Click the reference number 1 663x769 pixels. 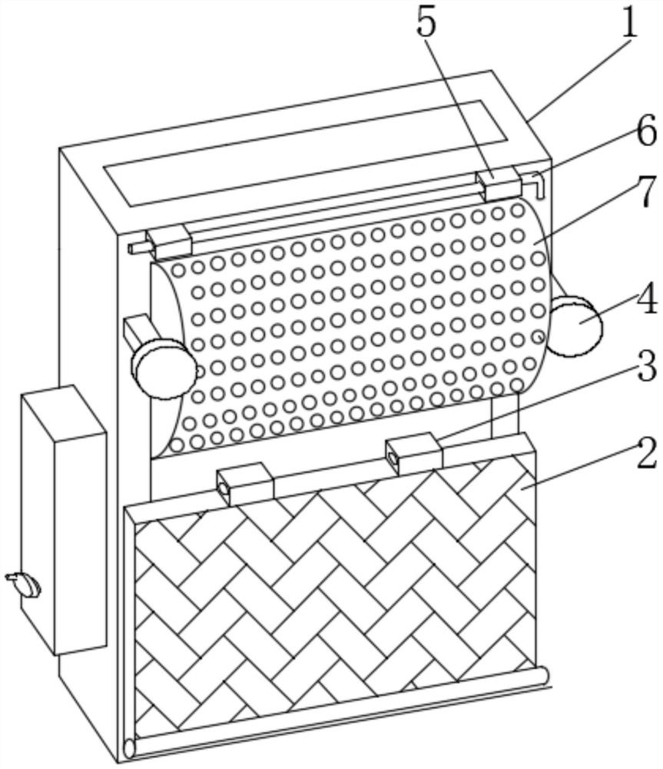point(630,23)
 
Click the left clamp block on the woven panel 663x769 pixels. point(245,483)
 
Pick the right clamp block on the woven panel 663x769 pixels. point(413,454)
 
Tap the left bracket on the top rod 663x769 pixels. point(169,241)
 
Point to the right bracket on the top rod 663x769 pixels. point(497,185)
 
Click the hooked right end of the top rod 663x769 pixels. point(539,183)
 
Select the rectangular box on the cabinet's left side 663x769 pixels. point(63,519)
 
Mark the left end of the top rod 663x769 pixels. point(137,248)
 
